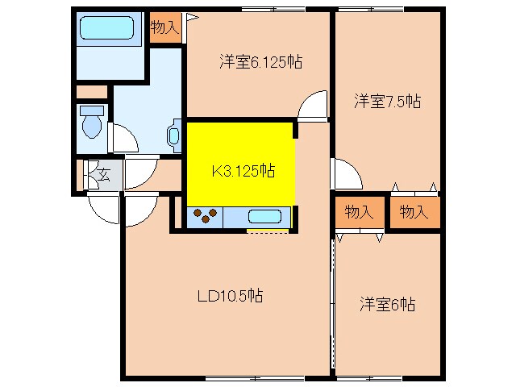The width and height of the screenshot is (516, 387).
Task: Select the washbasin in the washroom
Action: click(x=173, y=135)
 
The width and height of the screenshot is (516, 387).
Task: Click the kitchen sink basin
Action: click(x=264, y=216)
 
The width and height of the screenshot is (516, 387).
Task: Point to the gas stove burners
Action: click(x=206, y=216)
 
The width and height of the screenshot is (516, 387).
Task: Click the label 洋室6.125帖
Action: click(x=260, y=61)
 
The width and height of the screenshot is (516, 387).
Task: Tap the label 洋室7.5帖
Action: click(x=387, y=101)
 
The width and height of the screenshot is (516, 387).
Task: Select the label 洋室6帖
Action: click(x=387, y=304)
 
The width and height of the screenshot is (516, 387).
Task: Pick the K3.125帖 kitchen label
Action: click(x=242, y=171)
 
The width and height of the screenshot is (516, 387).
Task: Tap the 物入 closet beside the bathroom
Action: click(x=164, y=27)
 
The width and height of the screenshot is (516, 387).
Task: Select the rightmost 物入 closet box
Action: click(x=414, y=212)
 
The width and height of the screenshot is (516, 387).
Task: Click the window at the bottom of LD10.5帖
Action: click(x=254, y=378)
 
